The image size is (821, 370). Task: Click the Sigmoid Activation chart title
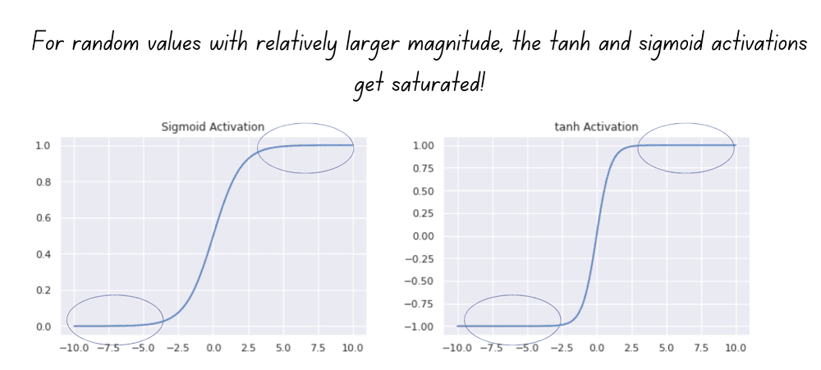point(213,126)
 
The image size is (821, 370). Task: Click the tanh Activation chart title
point(596,126)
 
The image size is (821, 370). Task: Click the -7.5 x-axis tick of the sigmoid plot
point(108,348)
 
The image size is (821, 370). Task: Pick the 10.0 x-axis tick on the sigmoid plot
point(353,348)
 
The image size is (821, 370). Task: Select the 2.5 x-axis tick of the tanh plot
point(631,348)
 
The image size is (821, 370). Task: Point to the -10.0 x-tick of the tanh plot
point(455,348)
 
